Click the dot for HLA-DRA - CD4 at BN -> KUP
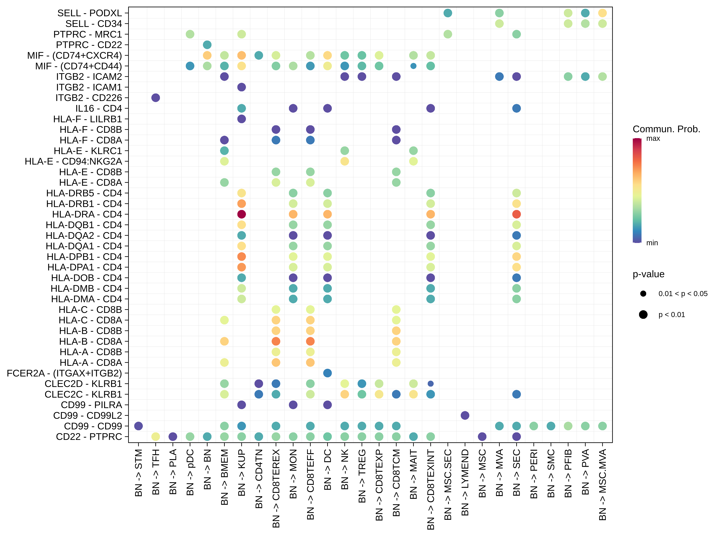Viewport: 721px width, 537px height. click(x=241, y=214)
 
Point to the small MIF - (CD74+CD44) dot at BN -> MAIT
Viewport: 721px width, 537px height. click(x=413, y=66)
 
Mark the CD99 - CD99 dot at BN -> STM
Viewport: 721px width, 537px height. click(x=139, y=426)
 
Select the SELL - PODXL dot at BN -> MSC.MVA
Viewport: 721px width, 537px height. click(x=602, y=13)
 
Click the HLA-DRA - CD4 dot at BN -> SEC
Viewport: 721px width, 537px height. click(x=516, y=214)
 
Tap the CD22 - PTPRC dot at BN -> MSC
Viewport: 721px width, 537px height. click(x=482, y=437)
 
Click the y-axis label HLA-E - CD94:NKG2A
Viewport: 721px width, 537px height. click(x=73, y=161)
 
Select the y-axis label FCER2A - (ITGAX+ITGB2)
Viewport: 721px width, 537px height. click(x=64, y=373)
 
